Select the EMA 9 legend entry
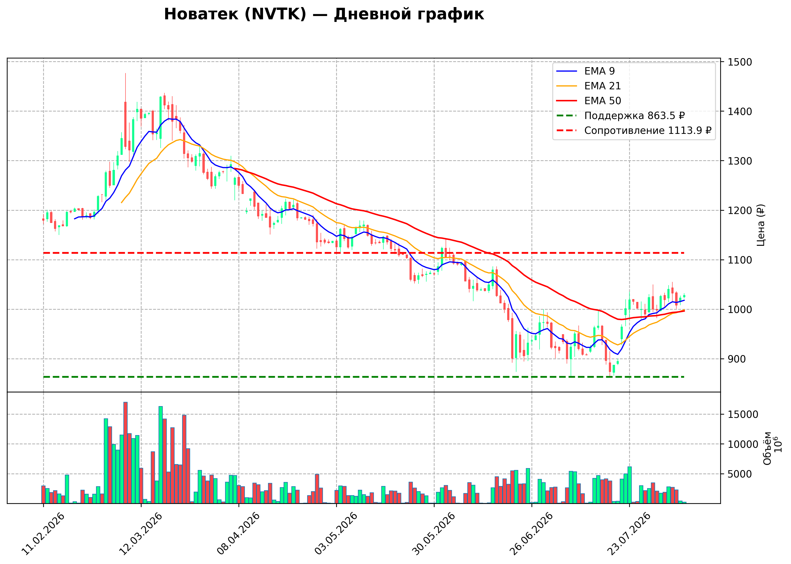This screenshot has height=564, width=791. [x=585, y=71]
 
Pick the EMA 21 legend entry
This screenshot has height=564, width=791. [x=588, y=86]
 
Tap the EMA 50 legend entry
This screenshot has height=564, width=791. [x=588, y=101]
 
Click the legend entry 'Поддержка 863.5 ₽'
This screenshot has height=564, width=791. [x=620, y=116]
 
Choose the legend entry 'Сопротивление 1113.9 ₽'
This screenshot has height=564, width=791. [x=634, y=131]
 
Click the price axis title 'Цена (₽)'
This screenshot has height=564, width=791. [x=761, y=225]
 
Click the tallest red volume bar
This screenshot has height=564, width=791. [x=126, y=453]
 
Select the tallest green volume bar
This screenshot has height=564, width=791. [x=161, y=455]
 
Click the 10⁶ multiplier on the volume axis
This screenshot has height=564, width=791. [x=778, y=444]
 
